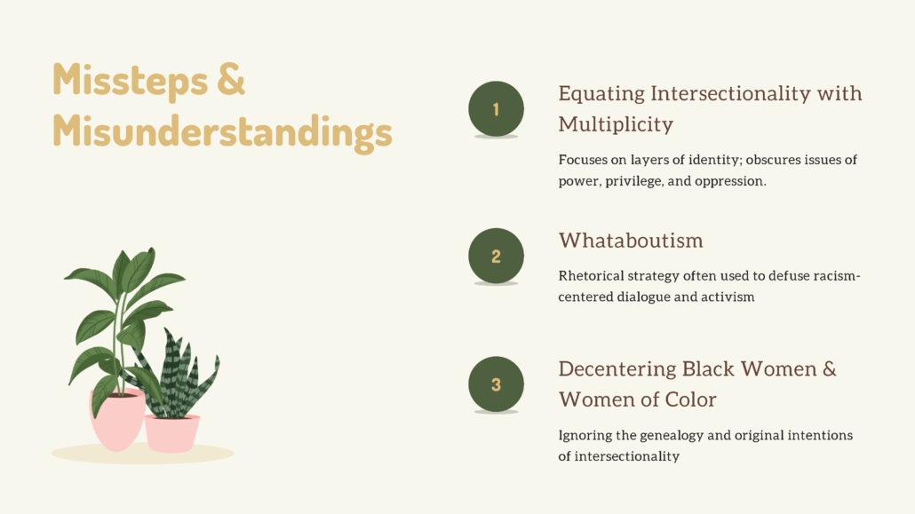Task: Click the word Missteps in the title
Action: (x=130, y=80)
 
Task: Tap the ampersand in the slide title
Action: (x=231, y=79)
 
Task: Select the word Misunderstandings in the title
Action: (x=222, y=132)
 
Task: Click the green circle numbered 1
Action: (x=496, y=109)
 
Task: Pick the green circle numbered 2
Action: (x=496, y=257)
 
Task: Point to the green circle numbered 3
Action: (x=496, y=384)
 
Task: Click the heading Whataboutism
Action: (x=631, y=241)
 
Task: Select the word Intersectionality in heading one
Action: (x=730, y=93)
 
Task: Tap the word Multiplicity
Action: (x=616, y=124)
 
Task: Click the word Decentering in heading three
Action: (x=617, y=369)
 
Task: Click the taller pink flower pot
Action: (x=116, y=420)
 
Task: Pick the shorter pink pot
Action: (x=172, y=433)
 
